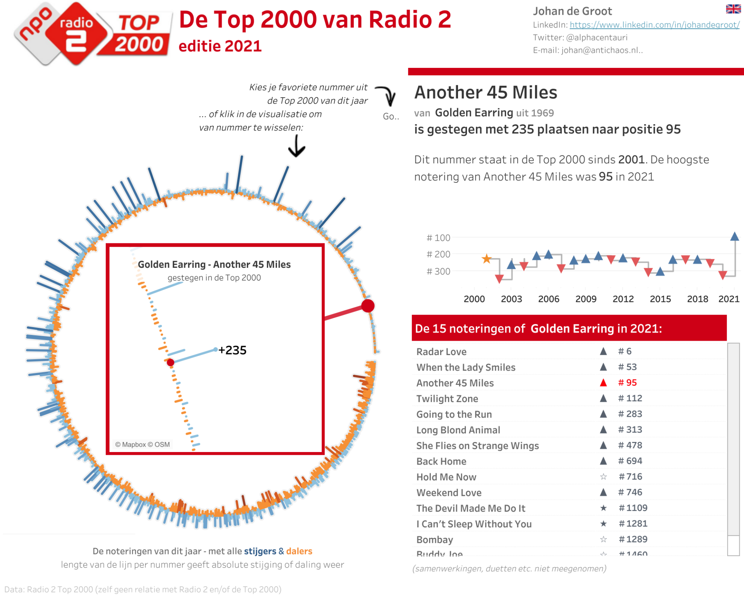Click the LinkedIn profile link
654,25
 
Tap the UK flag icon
733,9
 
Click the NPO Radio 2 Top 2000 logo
92,33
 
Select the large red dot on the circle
368,306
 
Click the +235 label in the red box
232,350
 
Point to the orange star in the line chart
486,259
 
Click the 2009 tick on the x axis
586,299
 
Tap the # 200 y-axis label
438,254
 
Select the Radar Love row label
441,352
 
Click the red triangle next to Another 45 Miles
603,383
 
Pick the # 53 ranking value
627,367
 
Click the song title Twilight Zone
447,398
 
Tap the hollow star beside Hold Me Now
603,477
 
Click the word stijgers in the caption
260,551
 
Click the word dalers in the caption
299,551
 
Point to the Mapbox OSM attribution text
142,445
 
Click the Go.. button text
391,116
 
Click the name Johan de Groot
572,11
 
